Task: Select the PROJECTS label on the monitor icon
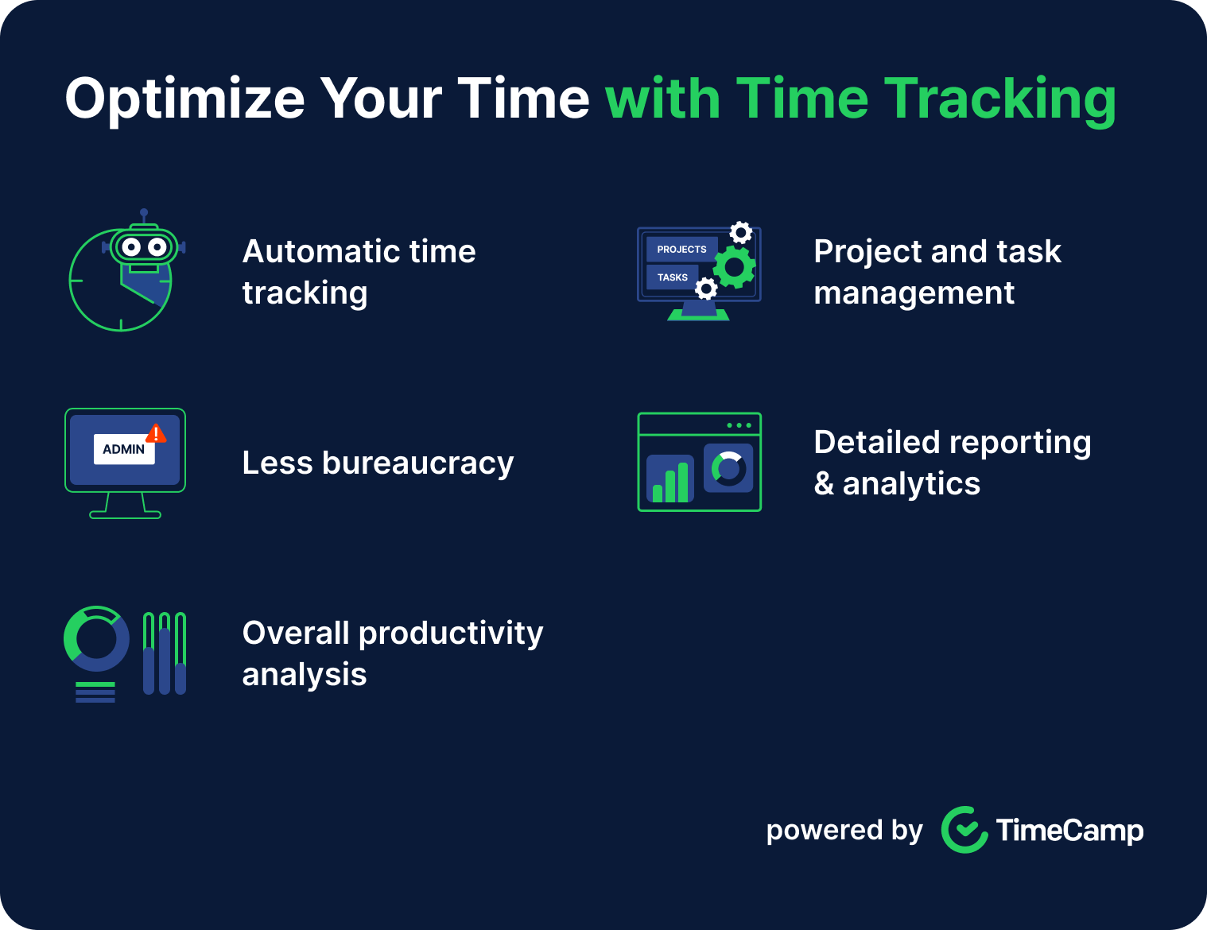(x=681, y=250)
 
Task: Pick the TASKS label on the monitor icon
(x=672, y=277)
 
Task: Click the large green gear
(x=735, y=267)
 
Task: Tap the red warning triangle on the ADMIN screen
(x=156, y=434)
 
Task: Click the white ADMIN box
(x=124, y=449)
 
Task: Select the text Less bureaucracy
(x=378, y=463)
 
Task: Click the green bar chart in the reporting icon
(x=670, y=482)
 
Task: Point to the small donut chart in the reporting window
(x=728, y=469)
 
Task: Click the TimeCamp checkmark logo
(x=964, y=830)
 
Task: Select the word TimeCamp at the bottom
(x=1069, y=831)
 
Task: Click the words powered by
(x=844, y=831)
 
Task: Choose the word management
(x=914, y=294)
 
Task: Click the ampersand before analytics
(x=824, y=483)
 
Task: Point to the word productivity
(x=451, y=634)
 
